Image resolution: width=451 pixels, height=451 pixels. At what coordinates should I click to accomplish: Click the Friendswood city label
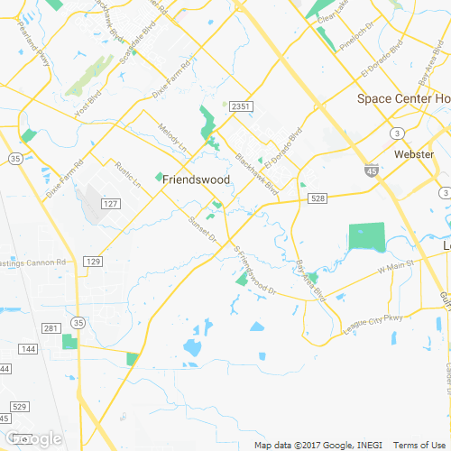[x=197, y=179]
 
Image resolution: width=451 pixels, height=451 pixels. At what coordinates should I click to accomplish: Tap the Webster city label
[x=414, y=154]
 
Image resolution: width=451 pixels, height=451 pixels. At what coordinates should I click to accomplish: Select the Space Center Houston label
[x=403, y=98]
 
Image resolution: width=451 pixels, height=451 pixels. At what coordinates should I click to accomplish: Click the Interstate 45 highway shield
[x=373, y=169]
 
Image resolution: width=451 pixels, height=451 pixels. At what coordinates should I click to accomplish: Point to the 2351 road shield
[x=239, y=106]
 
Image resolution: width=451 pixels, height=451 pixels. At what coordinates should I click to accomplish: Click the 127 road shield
[x=110, y=204]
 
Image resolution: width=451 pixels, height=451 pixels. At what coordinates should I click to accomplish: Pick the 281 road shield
[x=51, y=327]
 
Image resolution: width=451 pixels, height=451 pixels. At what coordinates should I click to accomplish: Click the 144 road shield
[x=29, y=348]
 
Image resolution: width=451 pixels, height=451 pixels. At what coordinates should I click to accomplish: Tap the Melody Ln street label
[x=171, y=137]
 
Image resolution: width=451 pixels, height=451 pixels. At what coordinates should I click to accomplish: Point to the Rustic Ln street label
[x=128, y=173]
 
